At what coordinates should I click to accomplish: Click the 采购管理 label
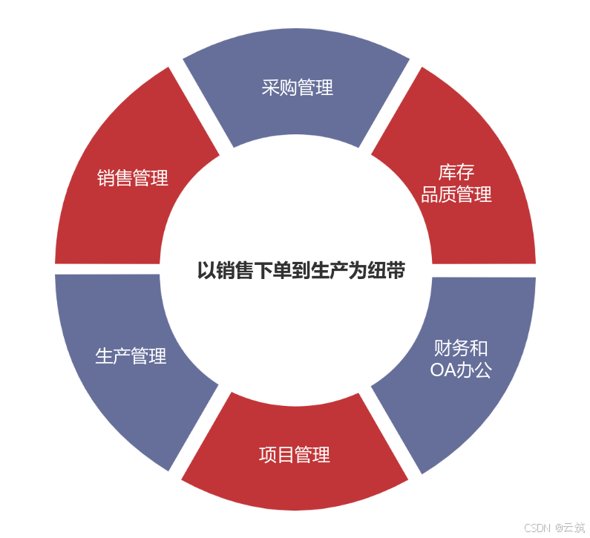pos(298,88)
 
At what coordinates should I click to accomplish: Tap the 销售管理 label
pos(133,178)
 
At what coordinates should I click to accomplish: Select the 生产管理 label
pos(131,356)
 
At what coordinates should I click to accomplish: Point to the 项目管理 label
pos(295,454)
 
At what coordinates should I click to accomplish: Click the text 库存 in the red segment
pos(456,174)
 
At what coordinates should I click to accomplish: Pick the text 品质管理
pos(456,195)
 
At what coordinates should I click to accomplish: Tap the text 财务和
pos(461,348)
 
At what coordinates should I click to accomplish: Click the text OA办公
pos(461,370)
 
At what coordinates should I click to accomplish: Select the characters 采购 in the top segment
pos(280,88)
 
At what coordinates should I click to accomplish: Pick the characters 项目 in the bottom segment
pos(277,454)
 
